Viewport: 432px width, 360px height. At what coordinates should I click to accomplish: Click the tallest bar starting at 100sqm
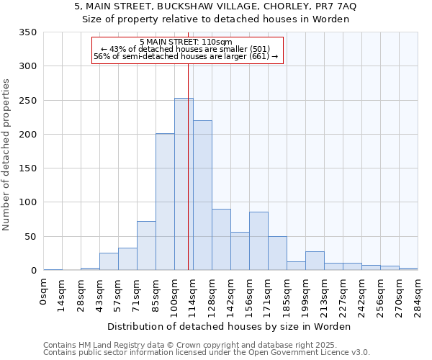pos(184,184)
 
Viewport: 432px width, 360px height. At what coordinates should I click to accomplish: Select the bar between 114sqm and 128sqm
pos(202,196)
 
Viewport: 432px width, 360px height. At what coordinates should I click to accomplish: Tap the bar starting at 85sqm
pos(165,202)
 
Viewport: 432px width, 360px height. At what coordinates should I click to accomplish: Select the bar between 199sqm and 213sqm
pos(315,261)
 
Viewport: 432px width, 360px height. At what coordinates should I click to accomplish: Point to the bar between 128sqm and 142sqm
pos(221,240)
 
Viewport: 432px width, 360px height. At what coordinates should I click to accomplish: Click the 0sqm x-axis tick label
pos(44,292)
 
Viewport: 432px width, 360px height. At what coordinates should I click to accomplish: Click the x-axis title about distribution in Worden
pos(230,326)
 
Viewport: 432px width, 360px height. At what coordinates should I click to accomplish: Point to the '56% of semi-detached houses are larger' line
pos(186,56)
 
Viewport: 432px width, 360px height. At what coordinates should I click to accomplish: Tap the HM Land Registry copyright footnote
pos(180,345)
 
